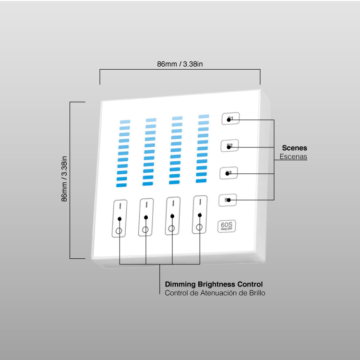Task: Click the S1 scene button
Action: [230, 119]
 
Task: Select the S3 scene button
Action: [229, 173]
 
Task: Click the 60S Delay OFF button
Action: [227, 226]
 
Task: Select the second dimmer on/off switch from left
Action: [145, 217]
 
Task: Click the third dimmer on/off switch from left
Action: [172, 216]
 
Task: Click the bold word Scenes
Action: [294, 148]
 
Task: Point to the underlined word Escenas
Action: [293, 157]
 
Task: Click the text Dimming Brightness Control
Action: [214, 284]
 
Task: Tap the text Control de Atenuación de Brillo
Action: [215, 293]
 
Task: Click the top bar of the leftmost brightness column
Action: [125, 122]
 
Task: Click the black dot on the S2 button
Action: [229, 147]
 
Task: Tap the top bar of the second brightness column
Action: [151, 120]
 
